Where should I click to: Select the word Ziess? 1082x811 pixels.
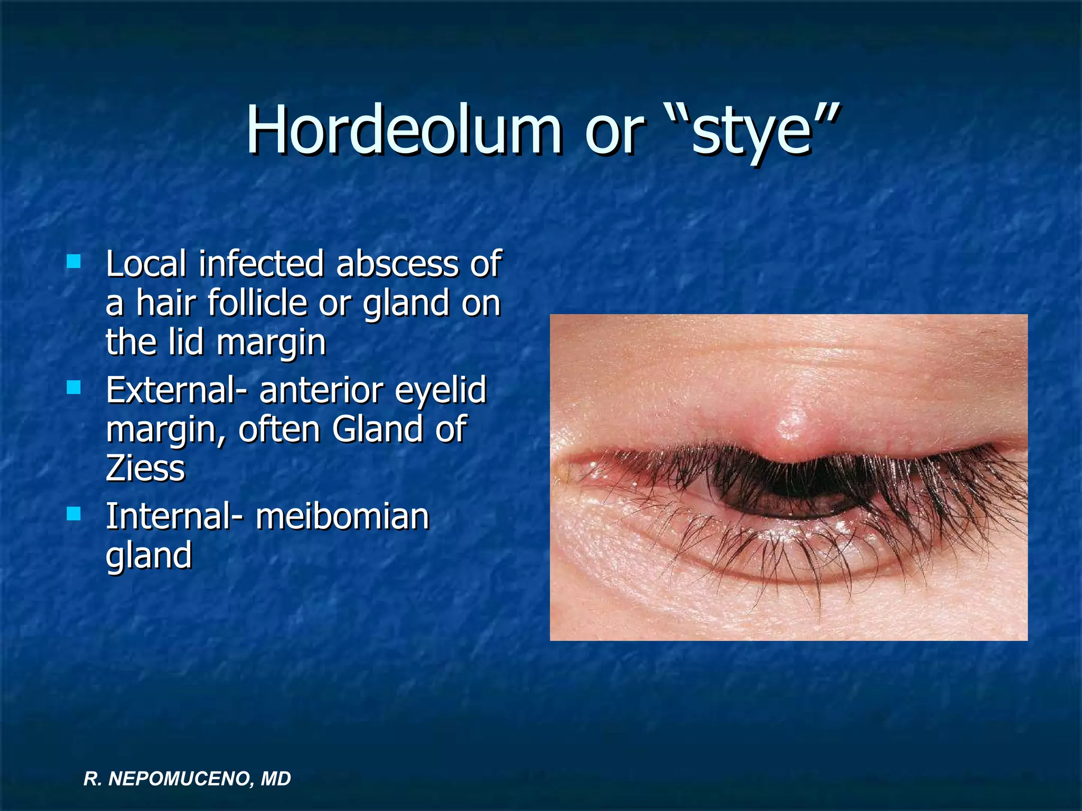pyautogui.click(x=145, y=468)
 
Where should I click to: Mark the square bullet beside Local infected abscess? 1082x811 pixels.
pyautogui.click(x=74, y=261)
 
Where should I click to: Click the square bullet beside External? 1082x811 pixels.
pyautogui.click(x=74, y=388)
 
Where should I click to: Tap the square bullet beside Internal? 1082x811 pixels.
pyautogui.click(x=74, y=514)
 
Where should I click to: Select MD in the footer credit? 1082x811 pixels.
pyautogui.click(x=276, y=779)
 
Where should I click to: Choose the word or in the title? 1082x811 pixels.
pyautogui.click(x=614, y=131)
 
